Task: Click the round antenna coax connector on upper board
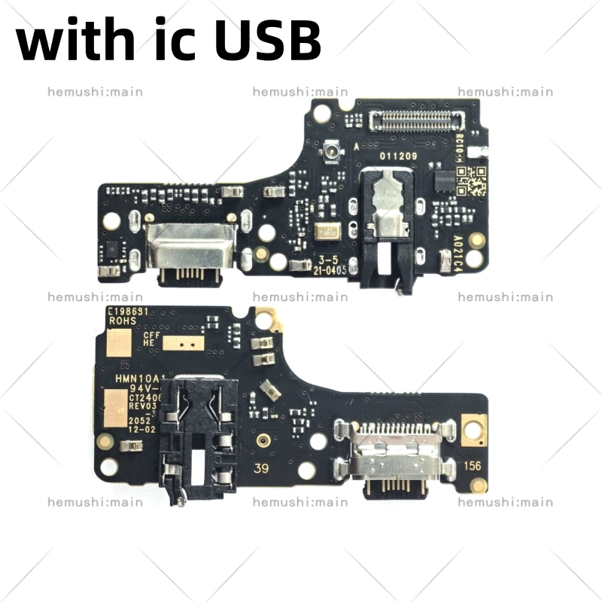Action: click(x=329, y=154)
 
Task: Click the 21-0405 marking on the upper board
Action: click(x=330, y=269)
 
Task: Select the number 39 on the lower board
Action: click(x=261, y=469)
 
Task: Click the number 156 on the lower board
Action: click(x=472, y=467)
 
